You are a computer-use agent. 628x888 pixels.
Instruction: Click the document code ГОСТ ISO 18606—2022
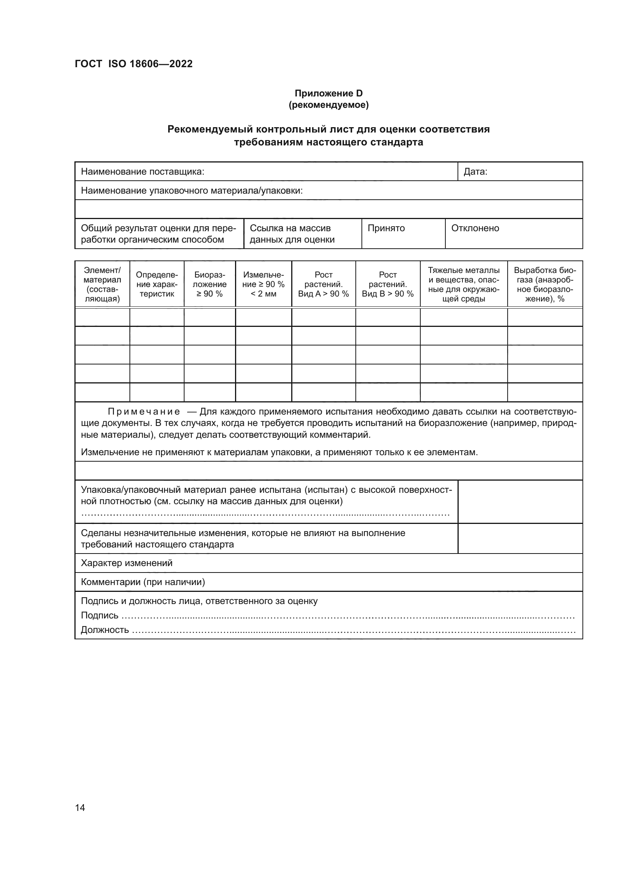click(133, 64)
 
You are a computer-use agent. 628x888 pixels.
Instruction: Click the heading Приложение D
click(328, 93)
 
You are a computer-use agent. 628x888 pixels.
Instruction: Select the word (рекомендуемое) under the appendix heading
click(328, 105)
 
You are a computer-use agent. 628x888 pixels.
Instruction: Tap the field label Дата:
click(475, 172)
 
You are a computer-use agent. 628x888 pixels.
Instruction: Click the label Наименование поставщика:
click(142, 172)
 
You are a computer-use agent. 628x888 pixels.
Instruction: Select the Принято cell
click(386, 228)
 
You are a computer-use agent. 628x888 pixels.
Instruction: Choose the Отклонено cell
click(475, 228)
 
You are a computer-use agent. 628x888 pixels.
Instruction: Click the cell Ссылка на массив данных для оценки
click(292, 233)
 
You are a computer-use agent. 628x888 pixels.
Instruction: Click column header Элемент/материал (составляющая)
click(102, 284)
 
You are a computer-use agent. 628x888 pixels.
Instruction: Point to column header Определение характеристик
click(156, 284)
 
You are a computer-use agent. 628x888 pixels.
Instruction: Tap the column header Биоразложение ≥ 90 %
click(210, 284)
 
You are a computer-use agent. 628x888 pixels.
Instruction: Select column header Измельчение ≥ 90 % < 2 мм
click(264, 284)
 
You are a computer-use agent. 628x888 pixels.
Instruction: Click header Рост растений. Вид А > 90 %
click(323, 284)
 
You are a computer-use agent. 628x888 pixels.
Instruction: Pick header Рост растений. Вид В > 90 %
click(388, 284)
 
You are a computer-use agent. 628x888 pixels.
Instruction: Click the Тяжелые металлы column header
click(463, 284)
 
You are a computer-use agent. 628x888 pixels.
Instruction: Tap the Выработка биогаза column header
click(544, 284)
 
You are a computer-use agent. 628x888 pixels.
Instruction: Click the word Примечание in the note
click(144, 412)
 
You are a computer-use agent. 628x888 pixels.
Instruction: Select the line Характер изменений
click(126, 563)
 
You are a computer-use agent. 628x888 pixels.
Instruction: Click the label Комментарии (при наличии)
click(143, 582)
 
